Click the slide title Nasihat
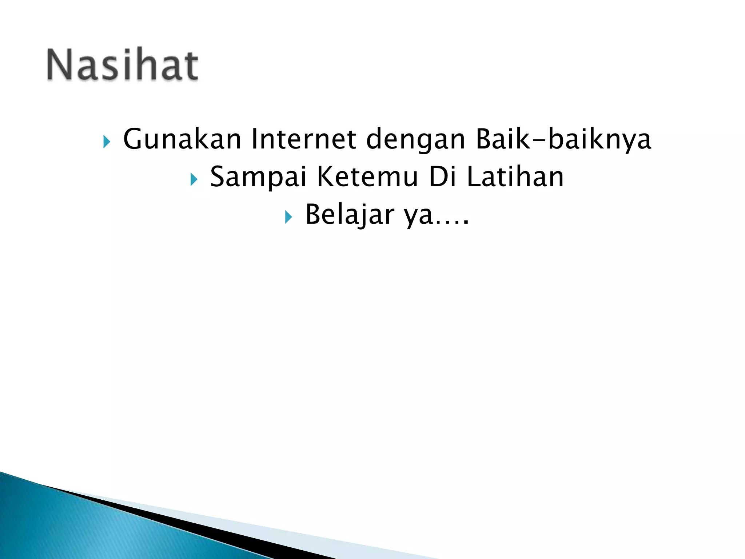[123, 66]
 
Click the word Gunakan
[182, 139]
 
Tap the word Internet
[303, 139]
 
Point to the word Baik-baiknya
[563, 140]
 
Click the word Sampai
[258, 177]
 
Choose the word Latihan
[515, 177]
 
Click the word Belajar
[349, 214]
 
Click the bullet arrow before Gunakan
[106, 142]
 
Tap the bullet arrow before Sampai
[194, 179]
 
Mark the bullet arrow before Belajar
[288, 217]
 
